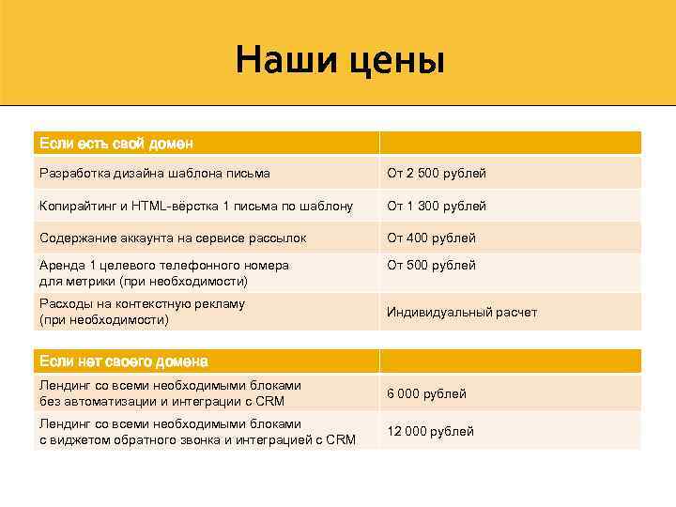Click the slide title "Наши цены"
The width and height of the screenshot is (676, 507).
339,60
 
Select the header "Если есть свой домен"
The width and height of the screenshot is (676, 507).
115,144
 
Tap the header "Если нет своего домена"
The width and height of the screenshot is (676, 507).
123,361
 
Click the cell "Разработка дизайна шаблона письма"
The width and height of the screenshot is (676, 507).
155,174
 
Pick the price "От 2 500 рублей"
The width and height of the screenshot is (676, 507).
437,174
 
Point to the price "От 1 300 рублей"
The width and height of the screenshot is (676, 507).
437,206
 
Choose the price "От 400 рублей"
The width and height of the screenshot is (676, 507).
431,238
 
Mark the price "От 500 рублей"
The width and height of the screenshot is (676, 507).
431,266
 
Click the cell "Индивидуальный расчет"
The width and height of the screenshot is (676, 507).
462,312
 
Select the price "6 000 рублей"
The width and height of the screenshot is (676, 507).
426,393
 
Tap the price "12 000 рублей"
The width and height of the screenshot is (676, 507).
430,431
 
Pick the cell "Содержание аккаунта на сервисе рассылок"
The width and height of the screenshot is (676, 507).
173,238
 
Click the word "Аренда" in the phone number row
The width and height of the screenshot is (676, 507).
61,266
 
